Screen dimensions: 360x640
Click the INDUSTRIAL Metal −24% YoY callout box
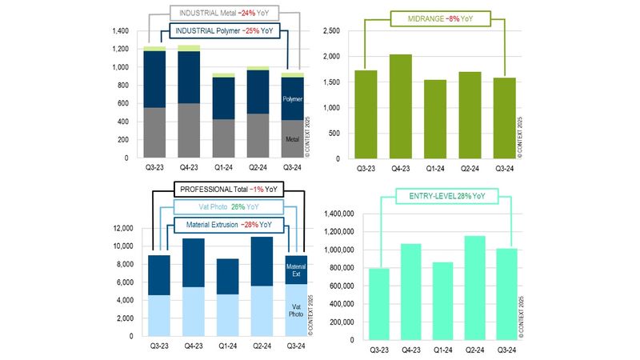click(223, 14)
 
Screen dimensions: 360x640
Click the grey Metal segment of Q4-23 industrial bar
click(190, 130)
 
